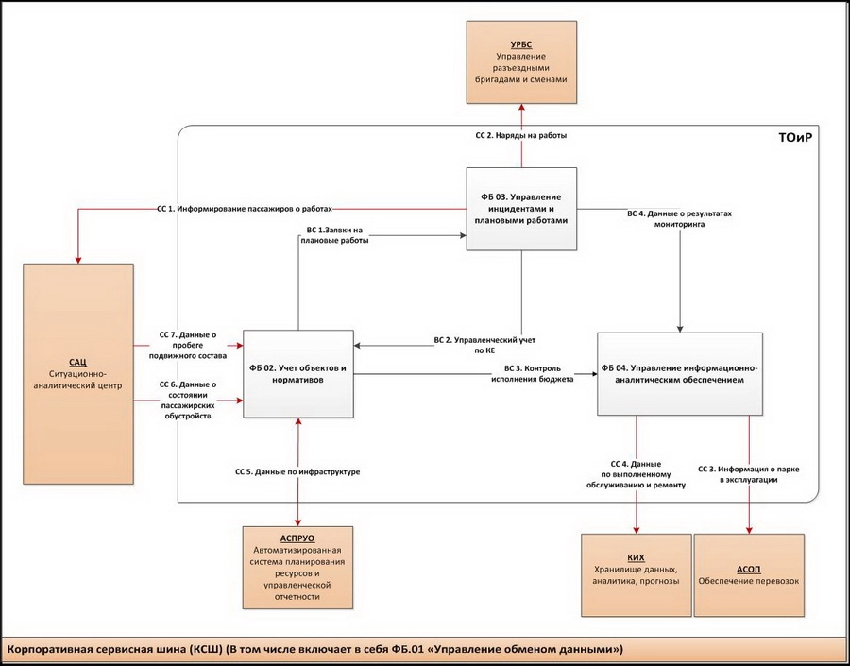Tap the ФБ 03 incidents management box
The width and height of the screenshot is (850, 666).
tap(522, 208)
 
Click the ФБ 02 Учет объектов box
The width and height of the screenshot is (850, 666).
tap(298, 372)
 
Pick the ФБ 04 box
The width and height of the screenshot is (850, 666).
tap(679, 372)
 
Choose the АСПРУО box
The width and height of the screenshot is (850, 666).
tap(297, 567)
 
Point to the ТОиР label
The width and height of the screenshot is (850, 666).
tap(796, 138)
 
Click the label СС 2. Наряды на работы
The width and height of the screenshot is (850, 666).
tap(520, 136)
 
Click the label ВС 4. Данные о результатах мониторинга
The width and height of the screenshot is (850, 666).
tap(680, 220)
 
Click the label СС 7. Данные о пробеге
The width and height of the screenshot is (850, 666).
tap(194, 346)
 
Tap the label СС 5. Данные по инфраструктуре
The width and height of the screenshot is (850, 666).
tap(297, 470)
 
